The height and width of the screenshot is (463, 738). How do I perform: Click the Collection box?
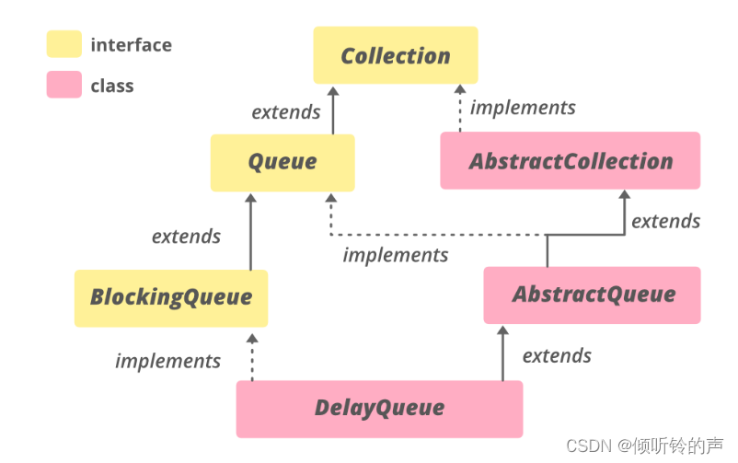tap(395, 55)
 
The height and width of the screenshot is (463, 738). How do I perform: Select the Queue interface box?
tap(282, 162)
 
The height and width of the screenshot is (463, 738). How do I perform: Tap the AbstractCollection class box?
tap(570, 161)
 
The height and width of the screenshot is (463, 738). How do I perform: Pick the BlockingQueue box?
tap(170, 297)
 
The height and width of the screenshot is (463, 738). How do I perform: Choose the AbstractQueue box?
tap(592, 295)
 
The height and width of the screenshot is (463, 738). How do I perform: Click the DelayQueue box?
tap(379, 408)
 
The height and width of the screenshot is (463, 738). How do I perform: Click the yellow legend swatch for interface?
tap(63, 44)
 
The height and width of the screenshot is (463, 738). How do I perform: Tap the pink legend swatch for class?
tap(63, 86)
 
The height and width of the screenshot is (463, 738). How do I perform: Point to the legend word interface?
tap(131, 44)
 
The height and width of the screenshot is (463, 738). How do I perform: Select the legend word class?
tap(112, 86)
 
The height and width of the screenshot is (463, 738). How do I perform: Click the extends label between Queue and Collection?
tap(285, 112)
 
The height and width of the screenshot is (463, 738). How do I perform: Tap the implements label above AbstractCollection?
tap(523, 108)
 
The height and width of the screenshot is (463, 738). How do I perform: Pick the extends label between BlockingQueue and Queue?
tap(186, 237)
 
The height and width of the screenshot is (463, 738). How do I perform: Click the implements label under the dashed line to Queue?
tap(396, 255)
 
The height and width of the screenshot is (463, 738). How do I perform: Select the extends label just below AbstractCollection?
tap(665, 221)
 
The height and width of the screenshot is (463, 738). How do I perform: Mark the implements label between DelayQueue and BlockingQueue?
tap(167, 361)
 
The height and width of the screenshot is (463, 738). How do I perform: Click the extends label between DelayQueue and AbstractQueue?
tap(557, 355)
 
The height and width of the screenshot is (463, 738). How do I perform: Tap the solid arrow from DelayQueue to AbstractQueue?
tap(502, 354)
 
